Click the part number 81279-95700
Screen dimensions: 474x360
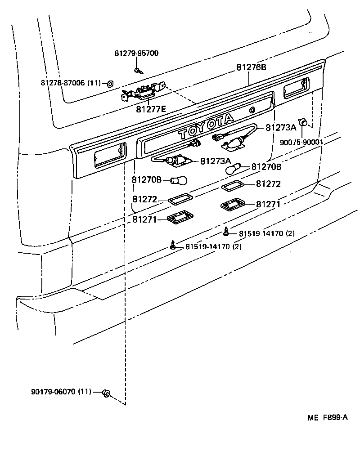(x=135, y=53)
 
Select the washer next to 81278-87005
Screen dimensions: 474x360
(x=110, y=83)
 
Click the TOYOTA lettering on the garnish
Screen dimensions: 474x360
(x=207, y=126)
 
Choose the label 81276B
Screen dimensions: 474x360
(x=251, y=67)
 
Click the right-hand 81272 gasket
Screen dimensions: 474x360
(x=232, y=186)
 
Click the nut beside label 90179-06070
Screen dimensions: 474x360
(x=106, y=394)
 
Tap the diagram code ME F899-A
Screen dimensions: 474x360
(x=328, y=417)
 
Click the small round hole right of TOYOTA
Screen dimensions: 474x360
(x=252, y=110)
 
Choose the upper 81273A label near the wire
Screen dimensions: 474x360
(x=280, y=128)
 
